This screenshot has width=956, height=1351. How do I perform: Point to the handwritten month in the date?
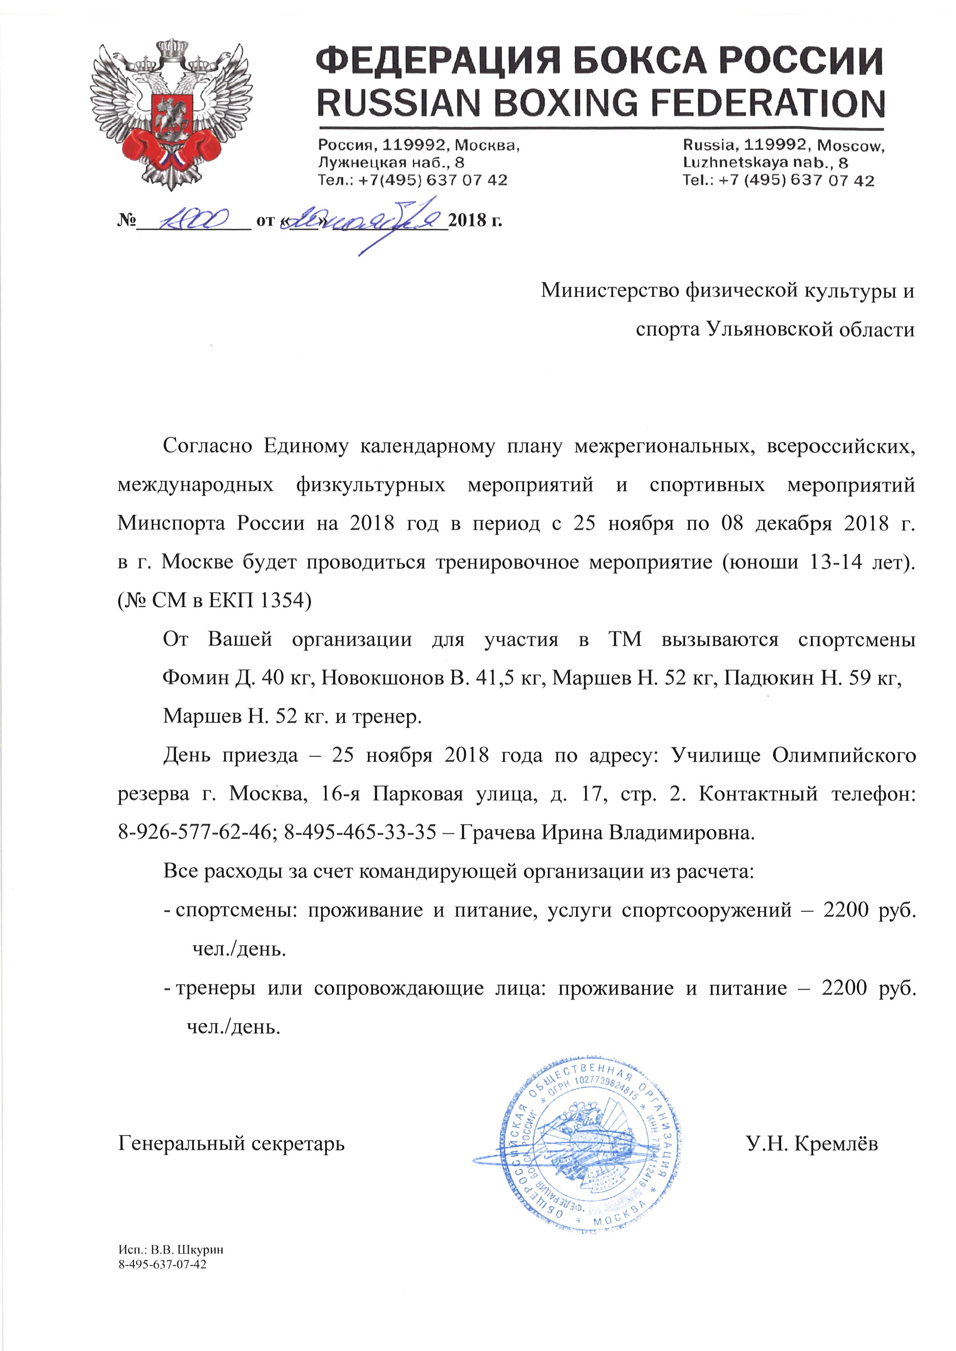click(389, 221)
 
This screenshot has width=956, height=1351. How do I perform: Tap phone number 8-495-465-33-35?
click(360, 832)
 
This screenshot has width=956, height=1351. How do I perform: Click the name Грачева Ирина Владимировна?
click(606, 832)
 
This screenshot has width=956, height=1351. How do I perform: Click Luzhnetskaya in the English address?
click(736, 163)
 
